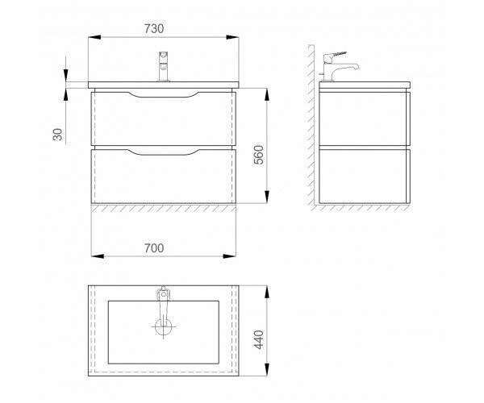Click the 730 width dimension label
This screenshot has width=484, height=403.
(x=154, y=29)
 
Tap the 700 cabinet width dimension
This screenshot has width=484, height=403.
(x=154, y=248)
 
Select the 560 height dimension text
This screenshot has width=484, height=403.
(x=259, y=155)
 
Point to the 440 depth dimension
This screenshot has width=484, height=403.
(x=259, y=340)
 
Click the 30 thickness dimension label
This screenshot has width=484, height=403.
(x=58, y=135)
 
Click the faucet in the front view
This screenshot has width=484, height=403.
(x=163, y=66)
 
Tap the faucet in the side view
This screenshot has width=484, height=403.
(x=338, y=66)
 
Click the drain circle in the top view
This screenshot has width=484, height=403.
(x=163, y=326)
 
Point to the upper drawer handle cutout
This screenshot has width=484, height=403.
(x=163, y=95)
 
